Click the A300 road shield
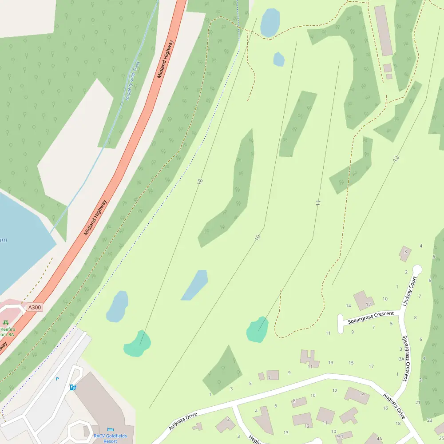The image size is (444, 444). pyautogui.click(x=35, y=307)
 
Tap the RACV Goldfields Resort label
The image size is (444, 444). pyautogui.click(x=105, y=439)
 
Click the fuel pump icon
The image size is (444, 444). pyautogui.click(x=73, y=387)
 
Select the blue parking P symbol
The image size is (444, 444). pyautogui.click(x=57, y=379)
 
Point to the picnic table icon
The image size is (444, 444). pyautogui.click(x=6, y=322)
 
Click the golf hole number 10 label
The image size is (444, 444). pyautogui.click(x=258, y=238)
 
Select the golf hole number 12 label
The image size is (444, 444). pyautogui.click(x=396, y=158)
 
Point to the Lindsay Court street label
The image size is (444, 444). pyautogui.click(x=409, y=291)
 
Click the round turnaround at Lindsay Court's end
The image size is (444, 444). pyautogui.click(x=417, y=270)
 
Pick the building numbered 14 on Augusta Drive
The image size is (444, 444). pyautogui.click(x=357, y=395)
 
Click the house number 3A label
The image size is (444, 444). pyautogui.click(x=401, y=359)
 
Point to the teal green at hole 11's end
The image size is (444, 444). pyautogui.click(x=258, y=330)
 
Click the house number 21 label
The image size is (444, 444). pyautogui.click(x=418, y=402)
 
